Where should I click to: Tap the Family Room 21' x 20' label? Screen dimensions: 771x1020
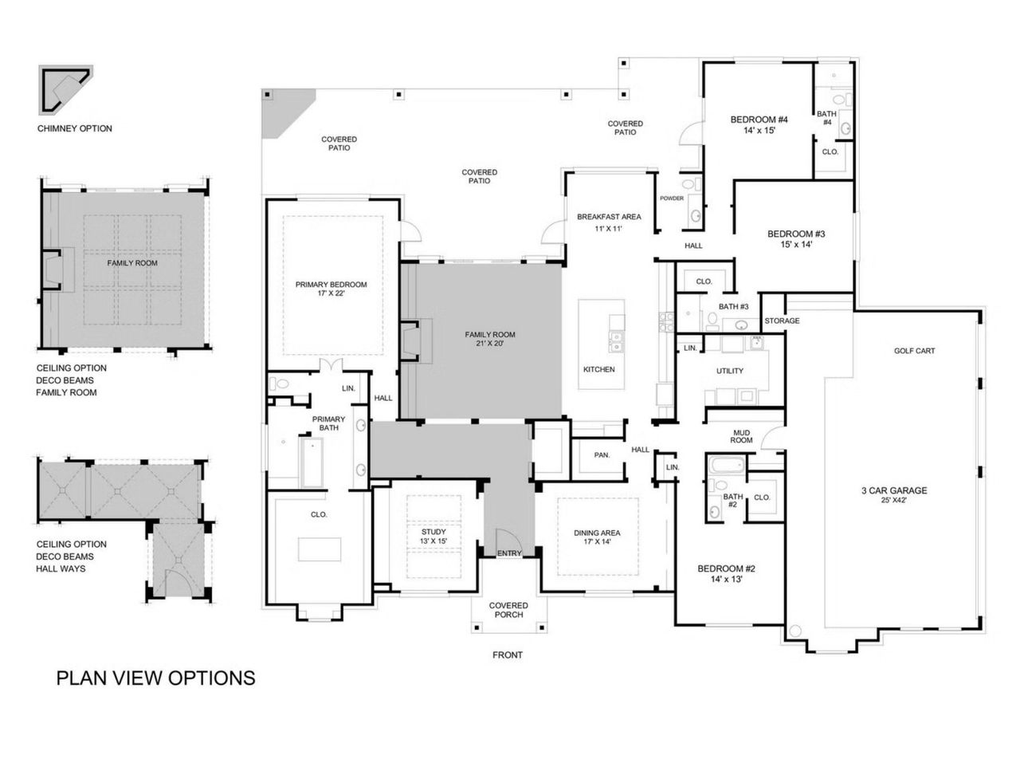pos(490,339)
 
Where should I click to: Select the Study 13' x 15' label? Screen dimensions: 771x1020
pos(433,537)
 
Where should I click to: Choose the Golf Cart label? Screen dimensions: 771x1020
pos(914,351)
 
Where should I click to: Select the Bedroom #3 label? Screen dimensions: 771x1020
pos(795,239)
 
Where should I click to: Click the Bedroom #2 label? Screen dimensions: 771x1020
pos(726,574)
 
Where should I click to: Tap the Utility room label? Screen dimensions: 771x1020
pos(730,371)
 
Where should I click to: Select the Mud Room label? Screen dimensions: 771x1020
pos(741,436)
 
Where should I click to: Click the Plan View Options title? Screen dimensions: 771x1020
pos(155,678)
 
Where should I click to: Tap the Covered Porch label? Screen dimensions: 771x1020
pos(508,610)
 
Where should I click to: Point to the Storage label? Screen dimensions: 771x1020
pos(782,321)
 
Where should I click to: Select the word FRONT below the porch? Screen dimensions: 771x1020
pos(508,655)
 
